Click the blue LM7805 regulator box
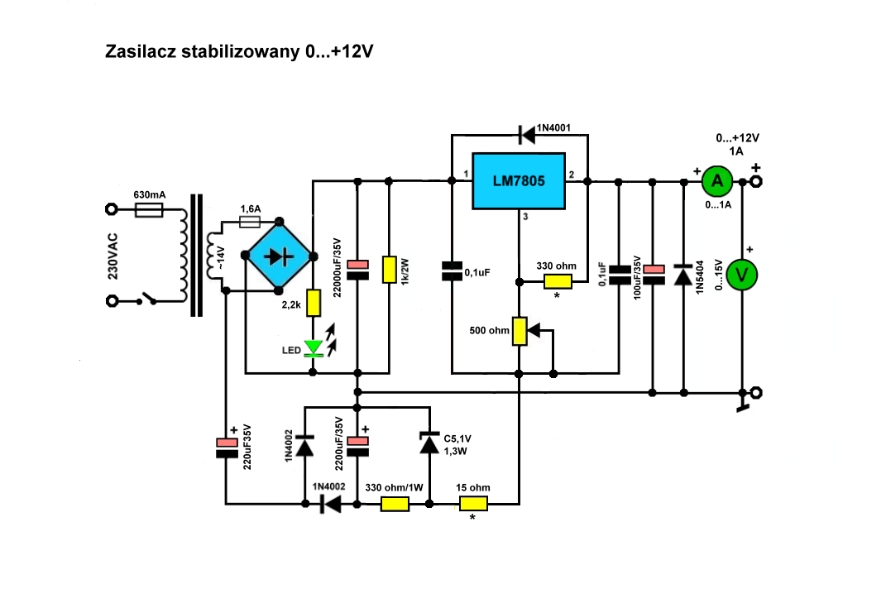tap(519, 181)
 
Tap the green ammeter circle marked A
tap(717, 181)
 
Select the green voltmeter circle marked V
tap(741, 275)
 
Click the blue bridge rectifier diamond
tap(279, 256)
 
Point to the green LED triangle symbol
tap(313, 348)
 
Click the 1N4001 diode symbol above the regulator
tap(527, 135)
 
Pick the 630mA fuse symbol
tap(149, 210)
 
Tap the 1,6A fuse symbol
tap(250, 223)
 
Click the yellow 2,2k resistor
tap(313, 303)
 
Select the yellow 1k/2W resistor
tap(390, 269)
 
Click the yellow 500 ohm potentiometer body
tap(520, 331)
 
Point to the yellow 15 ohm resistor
tap(473, 503)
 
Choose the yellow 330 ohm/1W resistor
tap(395, 503)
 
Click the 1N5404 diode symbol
tap(683, 275)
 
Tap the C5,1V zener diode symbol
tap(429, 443)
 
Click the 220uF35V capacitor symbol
tap(227, 447)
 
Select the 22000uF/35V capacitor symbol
tap(357, 270)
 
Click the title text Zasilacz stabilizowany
tap(203, 51)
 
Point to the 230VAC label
tap(113, 256)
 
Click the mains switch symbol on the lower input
tap(147, 299)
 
